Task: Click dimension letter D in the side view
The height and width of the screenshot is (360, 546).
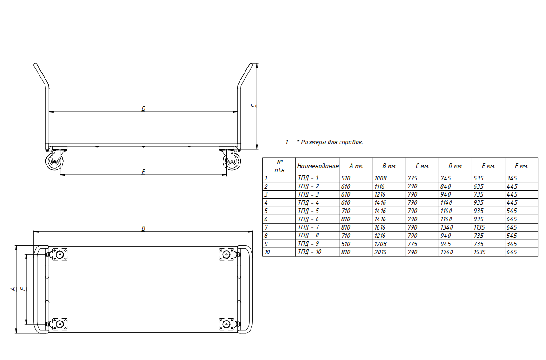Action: tap(144, 108)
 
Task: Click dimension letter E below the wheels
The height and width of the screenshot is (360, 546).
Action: tap(143, 172)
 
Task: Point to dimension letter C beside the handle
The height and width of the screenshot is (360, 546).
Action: tap(254, 105)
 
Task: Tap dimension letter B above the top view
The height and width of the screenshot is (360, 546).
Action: tap(144, 228)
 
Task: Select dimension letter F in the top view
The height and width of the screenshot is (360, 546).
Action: tap(22, 289)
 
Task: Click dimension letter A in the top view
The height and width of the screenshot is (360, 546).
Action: tap(13, 289)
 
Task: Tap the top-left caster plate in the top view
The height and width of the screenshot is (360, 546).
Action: tap(59, 254)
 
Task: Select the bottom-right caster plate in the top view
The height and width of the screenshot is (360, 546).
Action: tap(227, 324)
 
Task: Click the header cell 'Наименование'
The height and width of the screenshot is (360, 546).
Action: tap(318, 166)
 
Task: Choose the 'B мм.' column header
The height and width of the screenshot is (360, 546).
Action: tap(389, 166)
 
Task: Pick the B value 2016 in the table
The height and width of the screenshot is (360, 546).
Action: tap(380, 252)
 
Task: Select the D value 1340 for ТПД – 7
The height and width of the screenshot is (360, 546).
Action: tap(447, 227)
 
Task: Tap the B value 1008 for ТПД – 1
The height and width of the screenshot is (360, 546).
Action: tap(381, 178)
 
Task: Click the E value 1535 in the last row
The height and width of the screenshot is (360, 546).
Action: tap(479, 252)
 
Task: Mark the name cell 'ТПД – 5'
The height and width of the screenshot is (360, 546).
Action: tap(308, 210)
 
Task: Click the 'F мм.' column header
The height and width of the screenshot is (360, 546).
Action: tap(522, 166)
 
